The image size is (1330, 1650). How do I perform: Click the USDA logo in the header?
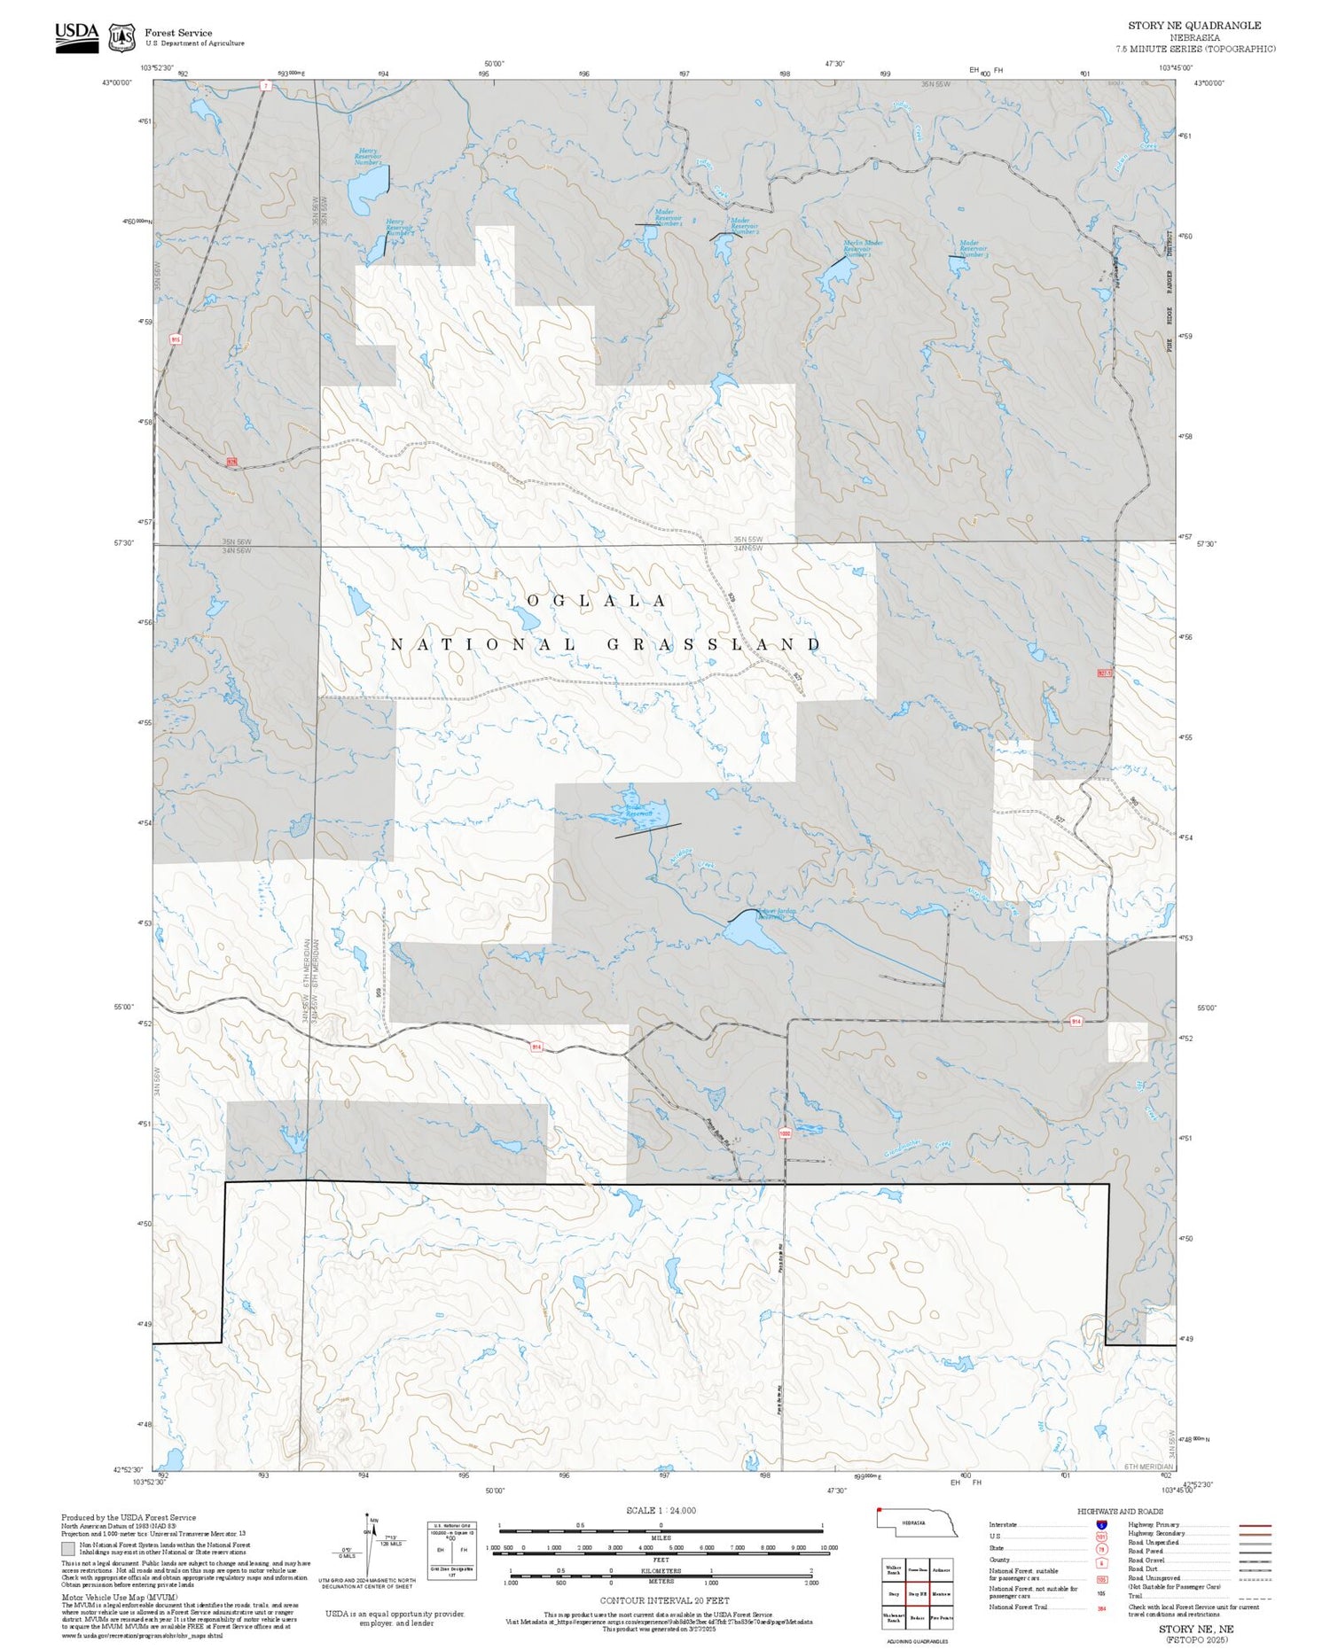pos(76,36)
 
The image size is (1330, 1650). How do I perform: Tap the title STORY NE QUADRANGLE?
pos(1193,25)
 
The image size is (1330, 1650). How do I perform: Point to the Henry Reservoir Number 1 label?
pos(368,157)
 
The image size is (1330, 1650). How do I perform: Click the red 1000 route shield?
pos(784,1133)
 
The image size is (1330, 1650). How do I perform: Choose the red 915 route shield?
pos(176,339)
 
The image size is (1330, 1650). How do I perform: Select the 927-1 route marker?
pos(1104,673)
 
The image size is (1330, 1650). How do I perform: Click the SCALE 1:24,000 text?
pos(661,1511)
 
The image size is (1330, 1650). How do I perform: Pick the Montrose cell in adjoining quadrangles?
pos(941,1594)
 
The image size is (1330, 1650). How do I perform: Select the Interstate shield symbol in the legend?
pos(1101,1525)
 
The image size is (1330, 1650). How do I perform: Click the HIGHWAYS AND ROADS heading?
pos(1120,1512)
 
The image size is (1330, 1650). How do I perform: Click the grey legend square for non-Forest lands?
pos(68,1549)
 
